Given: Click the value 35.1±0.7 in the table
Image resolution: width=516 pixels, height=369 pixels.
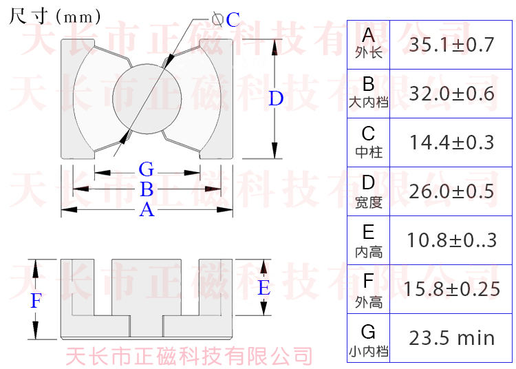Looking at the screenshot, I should pyautogui.click(x=451, y=45).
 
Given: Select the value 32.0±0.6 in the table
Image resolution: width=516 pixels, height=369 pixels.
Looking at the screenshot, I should pyautogui.click(x=451, y=94).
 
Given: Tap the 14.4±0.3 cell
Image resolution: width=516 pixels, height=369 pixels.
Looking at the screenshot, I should pyautogui.click(x=451, y=143).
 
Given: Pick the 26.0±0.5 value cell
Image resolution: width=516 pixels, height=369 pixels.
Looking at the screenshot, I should pyautogui.click(x=451, y=191).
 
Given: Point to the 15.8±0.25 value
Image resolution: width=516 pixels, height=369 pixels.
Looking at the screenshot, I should pyautogui.click(x=451, y=289).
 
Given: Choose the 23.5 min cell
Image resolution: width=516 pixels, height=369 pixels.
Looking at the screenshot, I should pyautogui.click(x=451, y=338).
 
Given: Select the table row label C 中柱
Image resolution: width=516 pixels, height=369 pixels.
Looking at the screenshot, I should pyautogui.click(x=369, y=140).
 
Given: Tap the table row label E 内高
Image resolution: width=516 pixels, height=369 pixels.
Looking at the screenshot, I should pyautogui.click(x=369, y=240).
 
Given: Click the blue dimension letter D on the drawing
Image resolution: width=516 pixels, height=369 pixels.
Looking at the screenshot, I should pyautogui.click(x=276, y=99).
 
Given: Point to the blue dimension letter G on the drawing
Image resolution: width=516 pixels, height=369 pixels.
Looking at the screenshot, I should pyautogui.click(x=146, y=169).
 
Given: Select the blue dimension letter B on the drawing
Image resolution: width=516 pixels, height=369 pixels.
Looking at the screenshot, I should pyautogui.click(x=147, y=189).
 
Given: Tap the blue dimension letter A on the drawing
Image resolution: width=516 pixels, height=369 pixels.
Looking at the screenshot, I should pyautogui.click(x=147, y=210).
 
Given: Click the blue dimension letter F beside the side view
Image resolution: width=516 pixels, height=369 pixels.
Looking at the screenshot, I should pyautogui.click(x=36, y=300).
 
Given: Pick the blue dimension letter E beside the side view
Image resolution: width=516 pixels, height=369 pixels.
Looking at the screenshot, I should pyautogui.click(x=264, y=288).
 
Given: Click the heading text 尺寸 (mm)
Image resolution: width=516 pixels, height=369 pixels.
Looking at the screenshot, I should pyautogui.click(x=55, y=16).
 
